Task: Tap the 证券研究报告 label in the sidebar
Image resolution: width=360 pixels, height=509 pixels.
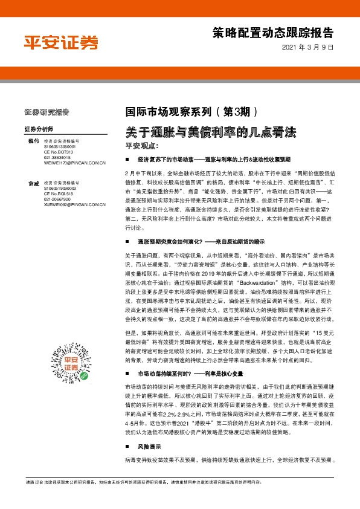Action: coord(47,112)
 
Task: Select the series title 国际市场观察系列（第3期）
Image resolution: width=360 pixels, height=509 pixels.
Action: coord(191,112)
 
